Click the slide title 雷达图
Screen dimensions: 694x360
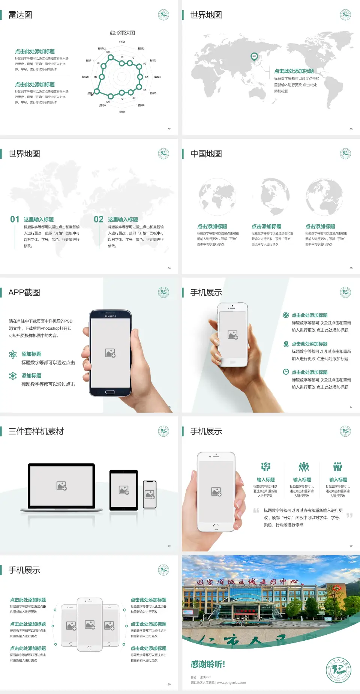coord(20,15)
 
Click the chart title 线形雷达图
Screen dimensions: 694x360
coord(122,33)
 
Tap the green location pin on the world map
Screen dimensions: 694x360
coord(254,57)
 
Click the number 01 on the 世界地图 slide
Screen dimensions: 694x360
coord(15,219)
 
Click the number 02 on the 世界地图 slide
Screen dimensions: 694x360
coord(99,219)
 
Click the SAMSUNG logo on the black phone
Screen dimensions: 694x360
coord(110,316)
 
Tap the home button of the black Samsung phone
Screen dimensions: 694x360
coord(110,392)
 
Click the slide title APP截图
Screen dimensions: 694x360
coord(24,293)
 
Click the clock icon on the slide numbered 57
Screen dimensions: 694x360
coord(286,372)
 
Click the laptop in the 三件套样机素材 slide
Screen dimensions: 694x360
coord(61,487)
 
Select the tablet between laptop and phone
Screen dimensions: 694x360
coord(124,490)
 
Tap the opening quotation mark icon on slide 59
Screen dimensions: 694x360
coord(256,511)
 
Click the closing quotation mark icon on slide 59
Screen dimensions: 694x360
coord(349,515)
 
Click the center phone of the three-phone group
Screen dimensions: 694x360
coord(90,624)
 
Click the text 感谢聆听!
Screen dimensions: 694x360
coord(208,664)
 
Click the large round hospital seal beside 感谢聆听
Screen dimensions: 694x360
coord(338,670)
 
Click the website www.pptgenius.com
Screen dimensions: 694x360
coord(231,683)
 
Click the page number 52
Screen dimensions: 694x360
coord(169,129)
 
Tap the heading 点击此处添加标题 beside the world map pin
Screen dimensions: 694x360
coord(294,71)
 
